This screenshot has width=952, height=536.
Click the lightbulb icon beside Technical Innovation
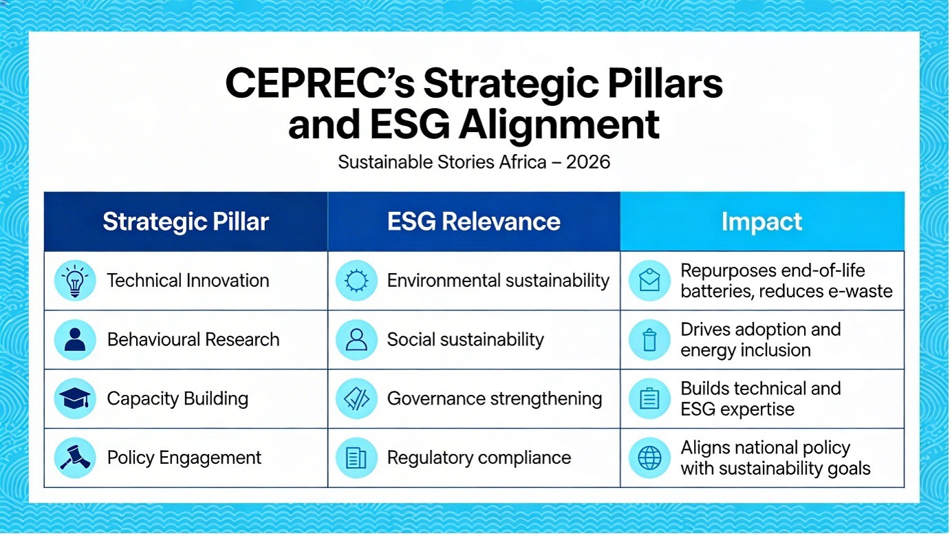click(75, 281)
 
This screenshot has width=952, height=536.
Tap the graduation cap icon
click(75, 398)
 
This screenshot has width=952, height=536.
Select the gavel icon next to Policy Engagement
click(75, 458)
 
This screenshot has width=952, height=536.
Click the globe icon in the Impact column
click(649, 458)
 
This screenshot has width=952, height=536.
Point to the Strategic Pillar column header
click(186, 222)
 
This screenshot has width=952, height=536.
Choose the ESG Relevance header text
click(473, 222)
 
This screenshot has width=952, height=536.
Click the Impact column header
click(761, 222)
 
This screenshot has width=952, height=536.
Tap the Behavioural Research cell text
click(193, 340)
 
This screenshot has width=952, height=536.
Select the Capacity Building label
click(177, 398)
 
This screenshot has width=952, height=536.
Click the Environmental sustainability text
click(498, 281)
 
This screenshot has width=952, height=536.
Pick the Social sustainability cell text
click(466, 340)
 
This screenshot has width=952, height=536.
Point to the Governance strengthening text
click(495, 398)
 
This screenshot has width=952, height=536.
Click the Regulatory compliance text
click(479, 458)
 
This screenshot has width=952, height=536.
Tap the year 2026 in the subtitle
click(588, 162)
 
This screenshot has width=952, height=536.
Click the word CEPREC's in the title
click(320, 83)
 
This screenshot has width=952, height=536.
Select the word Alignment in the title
click(559, 125)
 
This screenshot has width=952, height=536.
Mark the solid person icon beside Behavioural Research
click(75, 340)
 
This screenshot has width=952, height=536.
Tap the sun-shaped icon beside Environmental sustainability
click(356, 281)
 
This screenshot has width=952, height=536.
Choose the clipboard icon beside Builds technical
click(649, 398)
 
